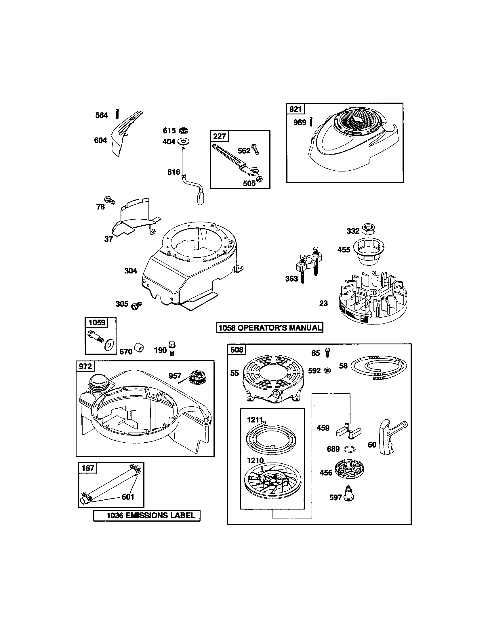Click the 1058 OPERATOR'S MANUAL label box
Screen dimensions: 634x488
pyautogui.click(x=270, y=328)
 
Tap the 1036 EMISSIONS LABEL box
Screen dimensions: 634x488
pyautogui.click(x=147, y=516)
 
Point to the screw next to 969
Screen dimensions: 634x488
pyautogui.click(x=311, y=121)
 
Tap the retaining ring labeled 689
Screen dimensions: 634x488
pyautogui.click(x=350, y=449)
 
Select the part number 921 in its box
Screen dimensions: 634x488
pyautogui.click(x=295, y=109)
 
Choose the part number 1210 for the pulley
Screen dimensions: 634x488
pyautogui.click(x=255, y=461)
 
